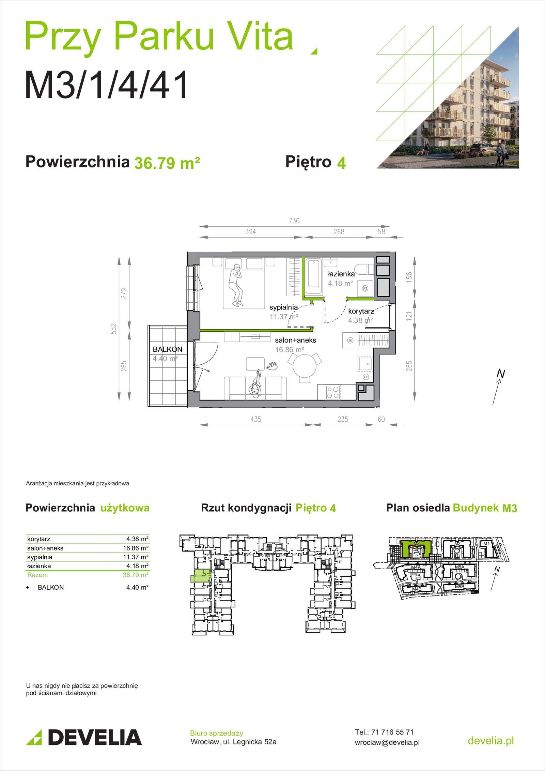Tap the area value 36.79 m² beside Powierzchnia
(x=167, y=163)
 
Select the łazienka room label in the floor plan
(x=341, y=274)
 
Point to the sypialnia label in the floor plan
(x=283, y=307)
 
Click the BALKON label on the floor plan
(x=167, y=349)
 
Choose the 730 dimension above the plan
(x=294, y=221)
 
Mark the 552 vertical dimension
(x=114, y=329)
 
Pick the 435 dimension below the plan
(x=256, y=419)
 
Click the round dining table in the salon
(x=305, y=366)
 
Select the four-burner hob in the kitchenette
(x=333, y=392)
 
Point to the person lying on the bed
(x=235, y=285)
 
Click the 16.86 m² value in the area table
(x=136, y=548)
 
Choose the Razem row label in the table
(x=37, y=575)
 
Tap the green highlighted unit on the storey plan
(x=201, y=576)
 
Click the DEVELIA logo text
(x=94, y=737)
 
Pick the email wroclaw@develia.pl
(x=387, y=742)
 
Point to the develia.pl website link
(x=490, y=740)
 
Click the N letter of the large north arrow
(x=501, y=374)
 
